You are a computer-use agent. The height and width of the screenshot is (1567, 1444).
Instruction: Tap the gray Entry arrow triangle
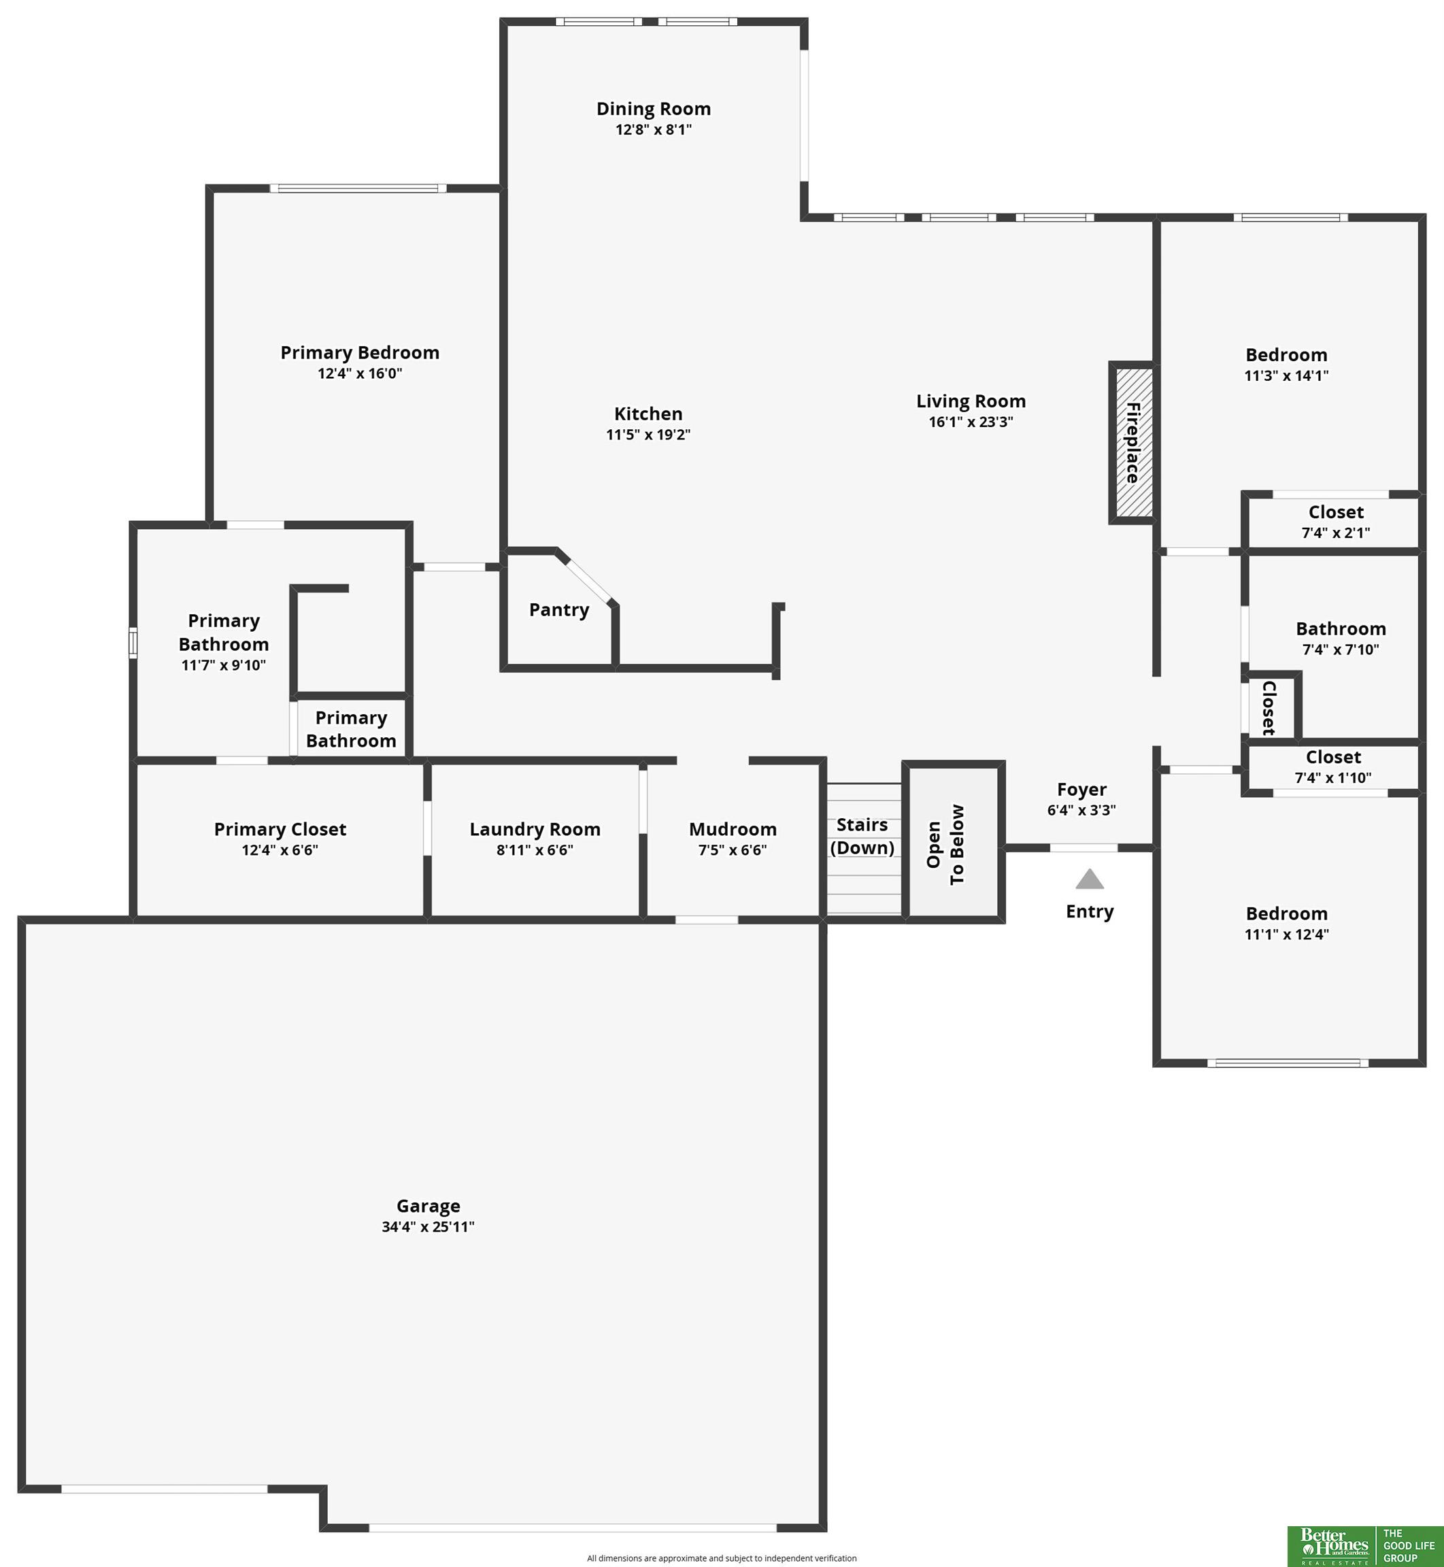(1089, 880)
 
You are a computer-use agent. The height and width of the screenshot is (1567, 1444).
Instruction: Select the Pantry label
(558, 610)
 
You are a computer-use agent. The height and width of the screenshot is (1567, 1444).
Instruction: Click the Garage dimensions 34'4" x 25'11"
(427, 1226)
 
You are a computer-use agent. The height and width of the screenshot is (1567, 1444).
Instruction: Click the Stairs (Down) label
(862, 836)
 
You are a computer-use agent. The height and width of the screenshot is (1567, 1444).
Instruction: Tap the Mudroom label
(732, 829)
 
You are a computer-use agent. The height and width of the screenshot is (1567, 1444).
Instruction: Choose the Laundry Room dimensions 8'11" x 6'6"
(535, 850)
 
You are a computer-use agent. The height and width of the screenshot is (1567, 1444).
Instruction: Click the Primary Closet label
(280, 829)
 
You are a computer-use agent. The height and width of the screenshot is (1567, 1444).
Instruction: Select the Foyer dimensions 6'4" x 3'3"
(1081, 810)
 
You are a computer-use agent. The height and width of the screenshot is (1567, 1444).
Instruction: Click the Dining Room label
(653, 109)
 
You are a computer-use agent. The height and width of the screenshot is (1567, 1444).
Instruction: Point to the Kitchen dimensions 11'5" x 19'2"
(648, 435)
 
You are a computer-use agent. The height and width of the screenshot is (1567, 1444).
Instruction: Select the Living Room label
(971, 401)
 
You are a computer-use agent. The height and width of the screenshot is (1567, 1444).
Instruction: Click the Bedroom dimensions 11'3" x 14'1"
(1286, 375)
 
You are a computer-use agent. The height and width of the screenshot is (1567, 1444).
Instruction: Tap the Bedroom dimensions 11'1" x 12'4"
(1286, 934)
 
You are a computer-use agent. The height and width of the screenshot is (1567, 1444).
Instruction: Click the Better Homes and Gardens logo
(1334, 1546)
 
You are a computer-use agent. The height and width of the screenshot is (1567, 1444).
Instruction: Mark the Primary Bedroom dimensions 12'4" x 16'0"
(359, 373)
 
